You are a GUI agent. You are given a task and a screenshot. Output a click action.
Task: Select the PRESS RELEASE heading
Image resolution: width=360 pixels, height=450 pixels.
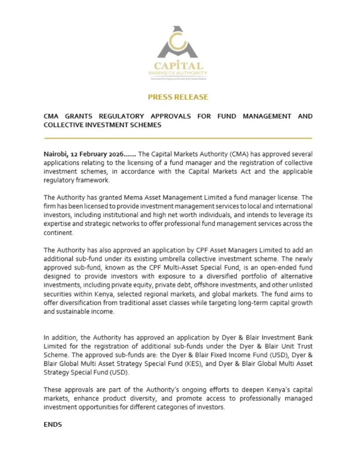click(178, 97)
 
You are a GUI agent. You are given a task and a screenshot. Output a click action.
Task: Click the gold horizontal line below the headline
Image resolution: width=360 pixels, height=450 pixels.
click(178, 138)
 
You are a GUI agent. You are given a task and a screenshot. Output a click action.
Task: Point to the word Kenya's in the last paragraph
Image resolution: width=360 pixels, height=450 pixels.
click(243, 390)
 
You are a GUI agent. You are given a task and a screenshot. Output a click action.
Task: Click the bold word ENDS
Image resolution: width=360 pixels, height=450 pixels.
click(53, 425)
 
